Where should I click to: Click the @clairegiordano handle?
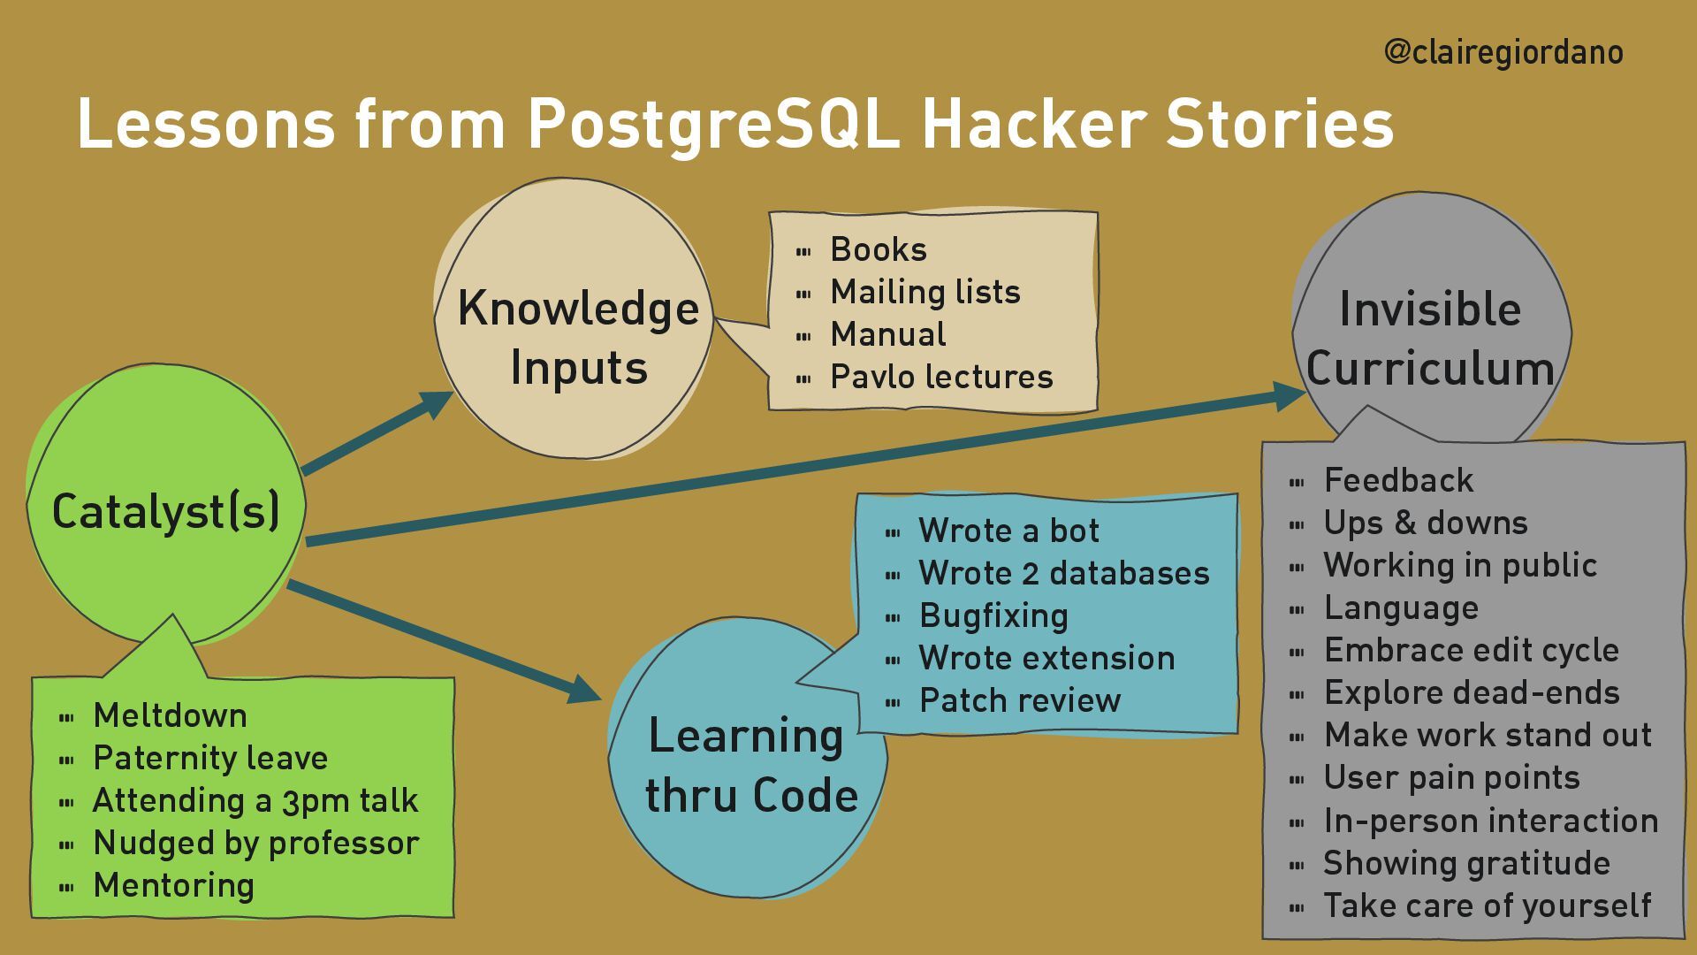click(1503, 53)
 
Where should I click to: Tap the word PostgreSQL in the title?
click(712, 124)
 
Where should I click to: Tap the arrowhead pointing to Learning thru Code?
click(583, 690)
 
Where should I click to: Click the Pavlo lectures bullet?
click(941, 378)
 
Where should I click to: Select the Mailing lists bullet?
click(925, 293)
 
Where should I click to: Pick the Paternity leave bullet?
click(210, 759)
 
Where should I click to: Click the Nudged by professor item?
click(255, 844)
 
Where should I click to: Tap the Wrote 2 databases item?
click(1063, 574)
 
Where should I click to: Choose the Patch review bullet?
click(1019, 701)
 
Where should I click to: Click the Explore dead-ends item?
click(1471, 693)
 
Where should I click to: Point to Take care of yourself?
click(1487, 906)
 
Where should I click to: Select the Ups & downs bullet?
click(1425, 523)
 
